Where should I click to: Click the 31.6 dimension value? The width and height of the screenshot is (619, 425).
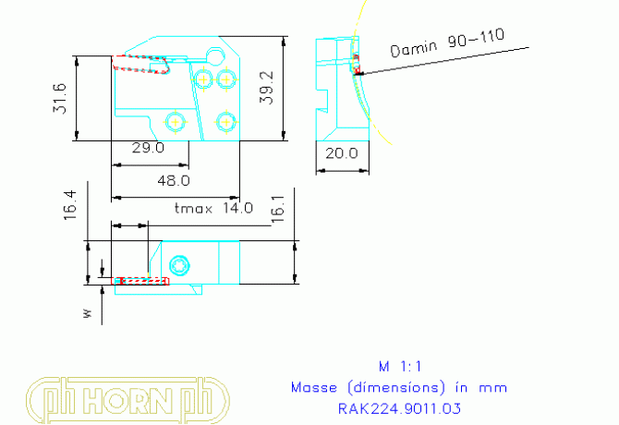point(60,98)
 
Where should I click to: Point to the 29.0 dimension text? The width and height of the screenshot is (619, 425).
point(147,148)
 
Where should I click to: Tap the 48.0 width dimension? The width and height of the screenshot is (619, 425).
point(173,180)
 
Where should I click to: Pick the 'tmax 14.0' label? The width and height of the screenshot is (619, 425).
point(213,209)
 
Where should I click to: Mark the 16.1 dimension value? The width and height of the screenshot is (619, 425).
point(276,212)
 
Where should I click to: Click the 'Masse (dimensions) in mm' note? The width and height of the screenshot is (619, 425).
point(399,387)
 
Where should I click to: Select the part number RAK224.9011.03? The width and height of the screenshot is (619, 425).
point(399,407)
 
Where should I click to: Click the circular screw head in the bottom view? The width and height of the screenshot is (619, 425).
point(180,266)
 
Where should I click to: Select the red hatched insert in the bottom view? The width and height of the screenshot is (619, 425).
point(140,280)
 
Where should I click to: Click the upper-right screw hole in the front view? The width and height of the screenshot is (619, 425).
point(225,79)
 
